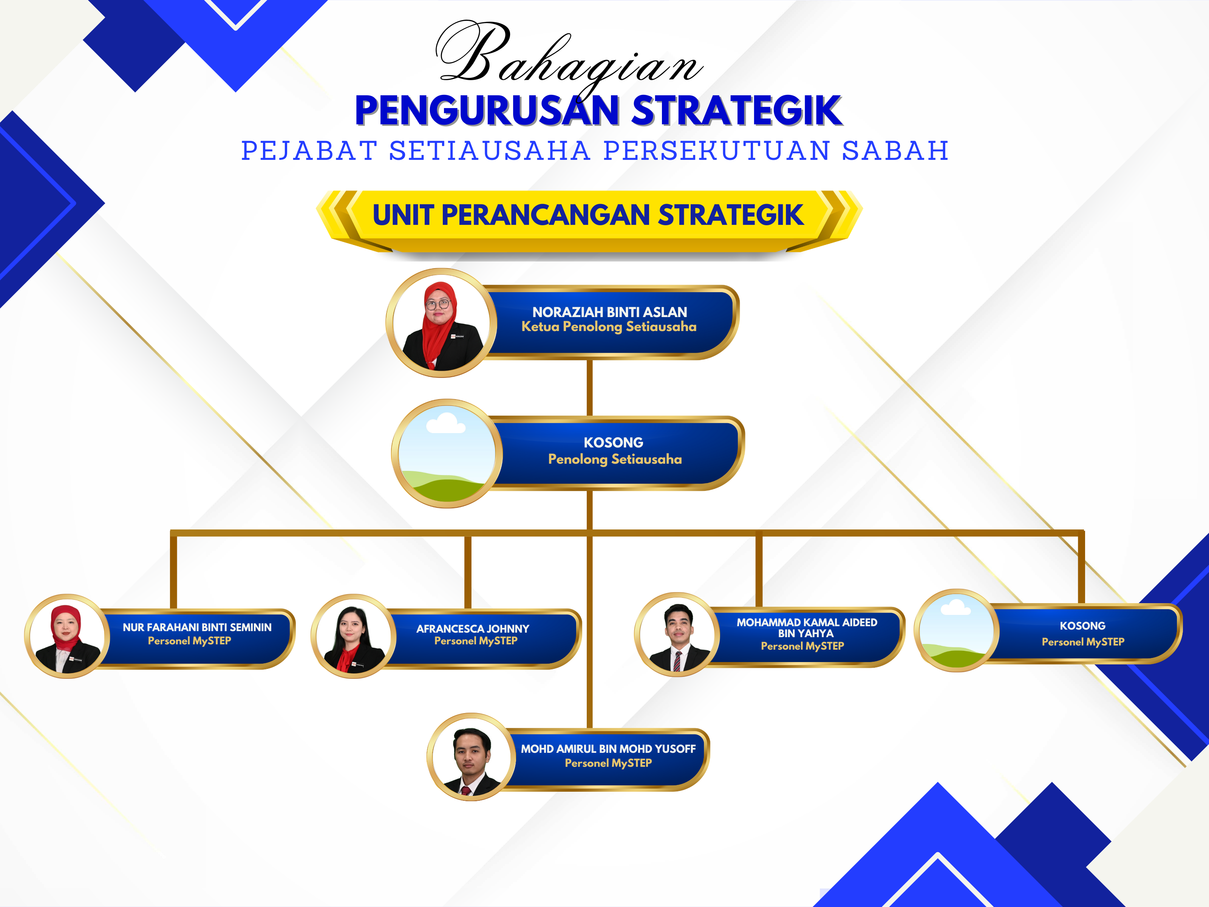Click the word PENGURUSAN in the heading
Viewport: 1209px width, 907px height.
[x=487, y=111]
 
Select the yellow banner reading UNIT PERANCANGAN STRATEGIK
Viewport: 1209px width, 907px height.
[x=589, y=219]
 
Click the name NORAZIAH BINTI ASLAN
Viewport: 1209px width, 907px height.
[x=609, y=312]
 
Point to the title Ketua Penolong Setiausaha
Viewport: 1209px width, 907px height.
[x=609, y=327]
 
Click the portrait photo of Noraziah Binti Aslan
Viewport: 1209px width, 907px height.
[x=442, y=323]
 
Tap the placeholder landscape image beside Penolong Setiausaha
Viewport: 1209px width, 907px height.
[x=447, y=454]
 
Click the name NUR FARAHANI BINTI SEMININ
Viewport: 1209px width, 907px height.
[x=197, y=628]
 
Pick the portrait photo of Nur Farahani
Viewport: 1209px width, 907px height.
[x=66, y=636]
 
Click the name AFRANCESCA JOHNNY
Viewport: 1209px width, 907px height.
[x=473, y=629]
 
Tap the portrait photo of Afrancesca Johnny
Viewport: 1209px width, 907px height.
[x=353, y=636]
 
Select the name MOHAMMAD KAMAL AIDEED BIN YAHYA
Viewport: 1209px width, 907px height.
[x=807, y=628]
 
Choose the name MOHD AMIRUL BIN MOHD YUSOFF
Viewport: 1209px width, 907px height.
[x=608, y=749]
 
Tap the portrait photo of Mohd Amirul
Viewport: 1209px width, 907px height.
[x=471, y=757]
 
